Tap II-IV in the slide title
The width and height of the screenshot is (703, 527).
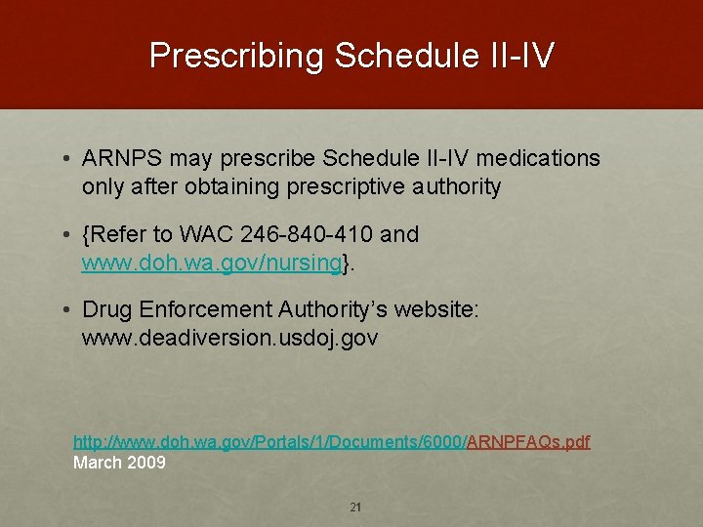[520, 56]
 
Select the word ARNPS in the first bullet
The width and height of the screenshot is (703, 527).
[121, 159]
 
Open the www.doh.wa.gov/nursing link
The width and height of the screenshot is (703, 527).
[212, 263]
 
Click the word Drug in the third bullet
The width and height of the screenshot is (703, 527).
[107, 310]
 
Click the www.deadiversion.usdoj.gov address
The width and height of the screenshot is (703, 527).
[229, 338]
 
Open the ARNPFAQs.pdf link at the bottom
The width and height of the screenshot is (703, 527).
[528, 442]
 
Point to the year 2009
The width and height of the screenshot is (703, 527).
[146, 463]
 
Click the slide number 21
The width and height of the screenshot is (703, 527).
[355, 507]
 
